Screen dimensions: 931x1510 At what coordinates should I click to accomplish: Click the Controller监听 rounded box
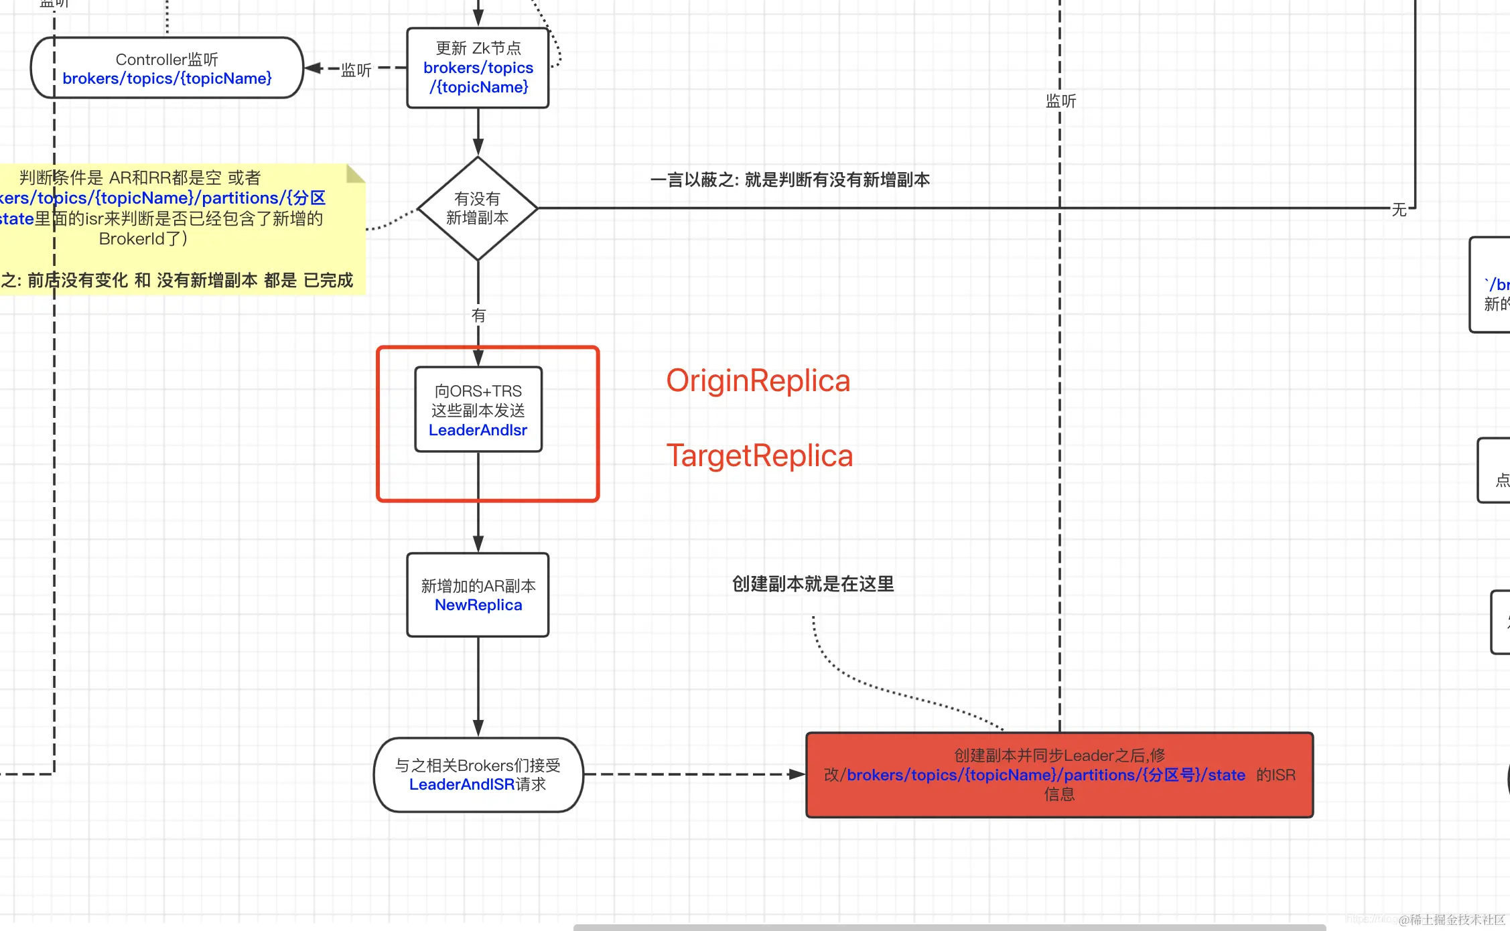pyautogui.click(x=167, y=68)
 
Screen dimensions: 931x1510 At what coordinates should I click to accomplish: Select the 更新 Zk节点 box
pyautogui.click(x=478, y=68)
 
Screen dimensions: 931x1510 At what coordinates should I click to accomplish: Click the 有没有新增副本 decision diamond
pyautogui.click(x=478, y=208)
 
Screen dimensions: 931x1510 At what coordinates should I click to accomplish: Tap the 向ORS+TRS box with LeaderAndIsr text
pyautogui.click(x=478, y=409)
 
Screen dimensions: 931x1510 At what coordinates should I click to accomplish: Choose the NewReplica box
pyautogui.click(x=478, y=595)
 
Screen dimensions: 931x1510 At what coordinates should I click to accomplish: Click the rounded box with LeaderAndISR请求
pyautogui.click(x=478, y=775)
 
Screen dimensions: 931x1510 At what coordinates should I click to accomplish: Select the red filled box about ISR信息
pyautogui.click(x=1059, y=775)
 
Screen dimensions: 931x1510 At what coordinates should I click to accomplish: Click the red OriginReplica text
pyautogui.click(x=758, y=380)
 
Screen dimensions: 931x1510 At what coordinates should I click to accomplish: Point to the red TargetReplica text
pyautogui.click(x=759, y=455)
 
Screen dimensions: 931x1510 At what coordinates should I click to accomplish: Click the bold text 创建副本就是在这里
pyautogui.click(x=813, y=584)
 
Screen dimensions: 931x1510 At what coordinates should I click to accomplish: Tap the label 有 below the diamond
pyautogui.click(x=478, y=315)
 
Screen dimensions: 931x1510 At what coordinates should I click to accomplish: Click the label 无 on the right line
pyautogui.click(x=1399, y=210)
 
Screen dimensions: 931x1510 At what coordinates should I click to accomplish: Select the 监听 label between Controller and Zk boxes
pyautogui.click(x=356, y=70)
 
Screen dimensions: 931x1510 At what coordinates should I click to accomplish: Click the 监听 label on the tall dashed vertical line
pyautogui.click(x=1060, y=101)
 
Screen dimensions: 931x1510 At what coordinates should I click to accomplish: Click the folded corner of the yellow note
pyautogui.click(x=354, y=174)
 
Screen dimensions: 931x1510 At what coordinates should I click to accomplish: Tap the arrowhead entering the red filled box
pyautogui.click(x=797, y=774)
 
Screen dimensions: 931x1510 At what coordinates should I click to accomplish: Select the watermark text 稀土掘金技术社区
pyautogui.click(x=1456, y=920)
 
